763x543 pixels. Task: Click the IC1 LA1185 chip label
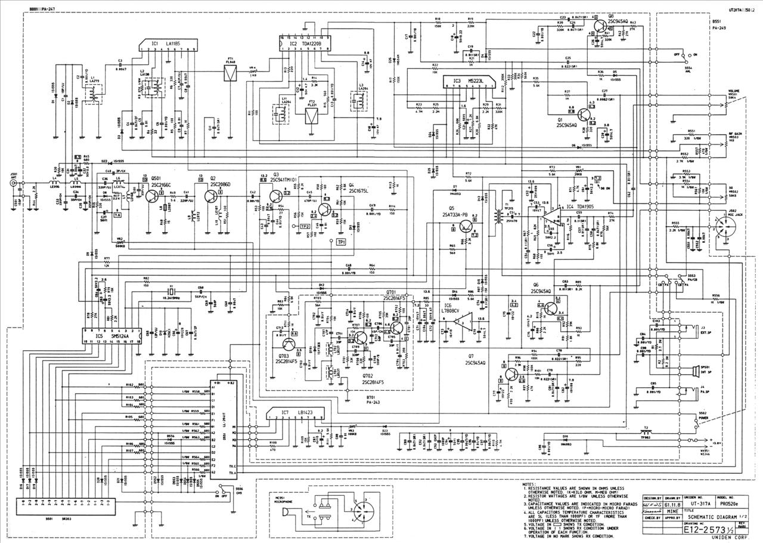165,44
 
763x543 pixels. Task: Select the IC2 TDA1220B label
305,44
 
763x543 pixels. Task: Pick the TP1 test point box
341,242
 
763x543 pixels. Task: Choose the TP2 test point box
304,227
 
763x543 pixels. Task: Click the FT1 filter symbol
230,72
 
